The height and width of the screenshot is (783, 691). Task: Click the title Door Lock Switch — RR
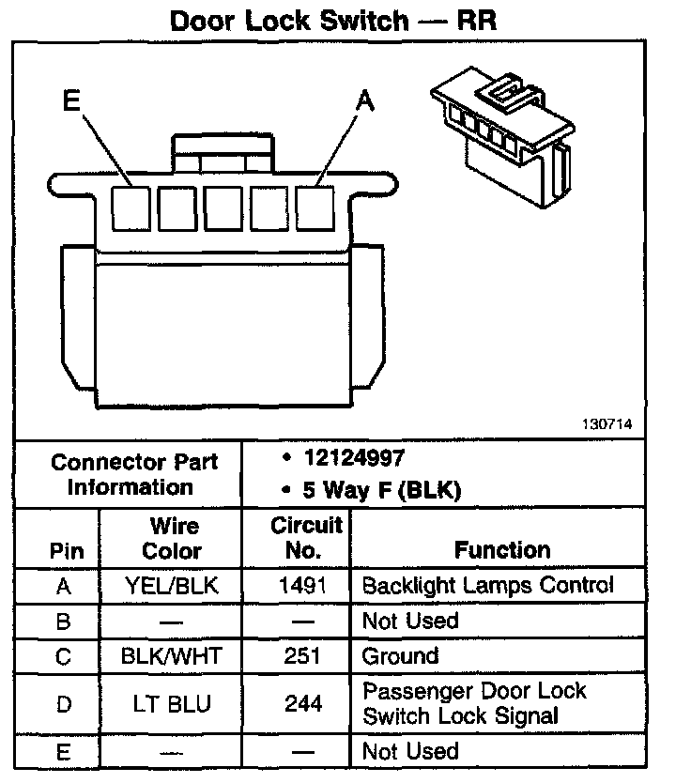coord(332,21)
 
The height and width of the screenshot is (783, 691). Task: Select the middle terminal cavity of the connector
coord(223,208)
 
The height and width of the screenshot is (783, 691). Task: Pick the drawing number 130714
coord(607,425)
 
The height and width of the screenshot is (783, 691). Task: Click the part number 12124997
coord(354,459)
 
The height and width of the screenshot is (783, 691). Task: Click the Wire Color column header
coord(172,538)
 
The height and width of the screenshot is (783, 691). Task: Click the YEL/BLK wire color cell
coord(172,586)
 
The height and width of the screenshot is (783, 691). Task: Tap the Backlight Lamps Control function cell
coord(487,586)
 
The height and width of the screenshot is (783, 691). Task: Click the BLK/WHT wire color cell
coord(171,655)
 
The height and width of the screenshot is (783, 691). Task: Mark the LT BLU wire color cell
coord(172,703)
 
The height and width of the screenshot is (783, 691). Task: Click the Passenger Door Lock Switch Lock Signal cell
coord(474,703)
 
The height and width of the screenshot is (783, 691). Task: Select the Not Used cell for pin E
coord(409,751)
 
